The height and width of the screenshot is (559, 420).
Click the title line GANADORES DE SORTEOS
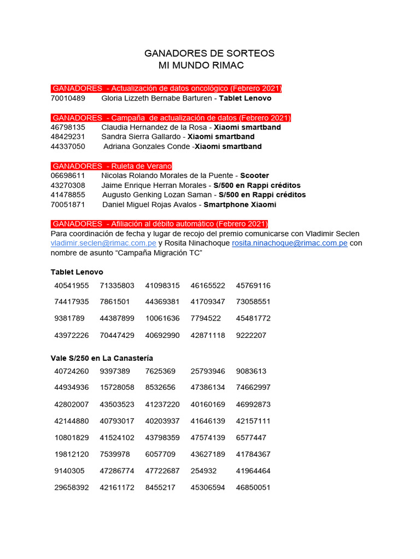click(209, 53)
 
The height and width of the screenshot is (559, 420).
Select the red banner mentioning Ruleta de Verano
click(112, 166)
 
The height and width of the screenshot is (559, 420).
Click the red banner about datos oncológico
click(166, 88)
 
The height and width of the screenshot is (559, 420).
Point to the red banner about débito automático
click(160, 224)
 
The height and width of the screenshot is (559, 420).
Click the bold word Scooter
click(254, 176)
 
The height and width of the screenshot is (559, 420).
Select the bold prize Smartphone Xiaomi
click(240, 205)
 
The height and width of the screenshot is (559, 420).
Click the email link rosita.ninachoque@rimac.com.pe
click(289, 243)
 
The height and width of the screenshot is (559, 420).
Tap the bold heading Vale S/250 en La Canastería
click(102, 358)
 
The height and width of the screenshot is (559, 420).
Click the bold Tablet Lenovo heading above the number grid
click(77, 272)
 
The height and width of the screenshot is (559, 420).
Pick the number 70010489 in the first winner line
click(68, 98)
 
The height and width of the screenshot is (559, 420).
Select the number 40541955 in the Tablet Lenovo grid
click(72, 286)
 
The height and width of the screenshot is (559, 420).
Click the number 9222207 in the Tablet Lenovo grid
click(251, 335)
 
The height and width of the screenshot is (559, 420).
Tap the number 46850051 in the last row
click(253, 487)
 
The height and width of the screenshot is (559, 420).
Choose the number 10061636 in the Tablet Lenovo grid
click(162, 318)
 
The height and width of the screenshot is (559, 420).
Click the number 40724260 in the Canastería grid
click(72, 371)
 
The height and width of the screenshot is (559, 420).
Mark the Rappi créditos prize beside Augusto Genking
click(262, 195)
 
